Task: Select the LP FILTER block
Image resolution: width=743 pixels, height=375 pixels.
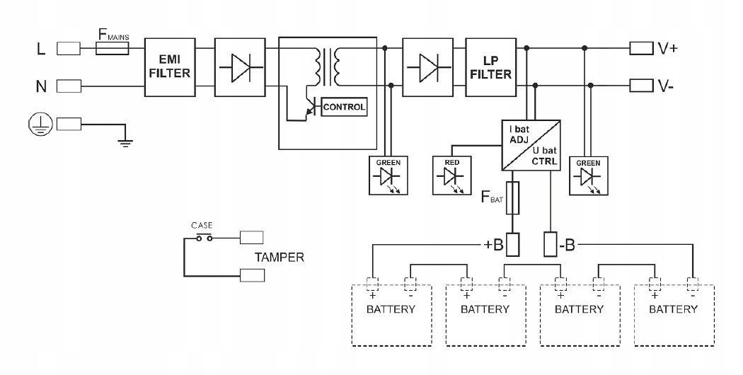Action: click(489, 68)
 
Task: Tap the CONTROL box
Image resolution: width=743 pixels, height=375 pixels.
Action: click(344, 108)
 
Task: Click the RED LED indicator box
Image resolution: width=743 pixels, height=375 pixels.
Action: click(452, 175)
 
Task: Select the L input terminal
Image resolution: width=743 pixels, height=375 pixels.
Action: click(69, 48)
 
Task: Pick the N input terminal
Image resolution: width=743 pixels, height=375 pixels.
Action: click(69, 86)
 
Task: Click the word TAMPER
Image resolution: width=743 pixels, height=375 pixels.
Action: click(280, 258)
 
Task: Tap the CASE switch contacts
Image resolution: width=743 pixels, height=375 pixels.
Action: click(205, 238)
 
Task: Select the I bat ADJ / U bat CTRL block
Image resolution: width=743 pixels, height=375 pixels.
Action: click(530, 144)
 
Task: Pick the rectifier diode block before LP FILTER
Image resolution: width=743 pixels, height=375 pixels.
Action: click(427, 68)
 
